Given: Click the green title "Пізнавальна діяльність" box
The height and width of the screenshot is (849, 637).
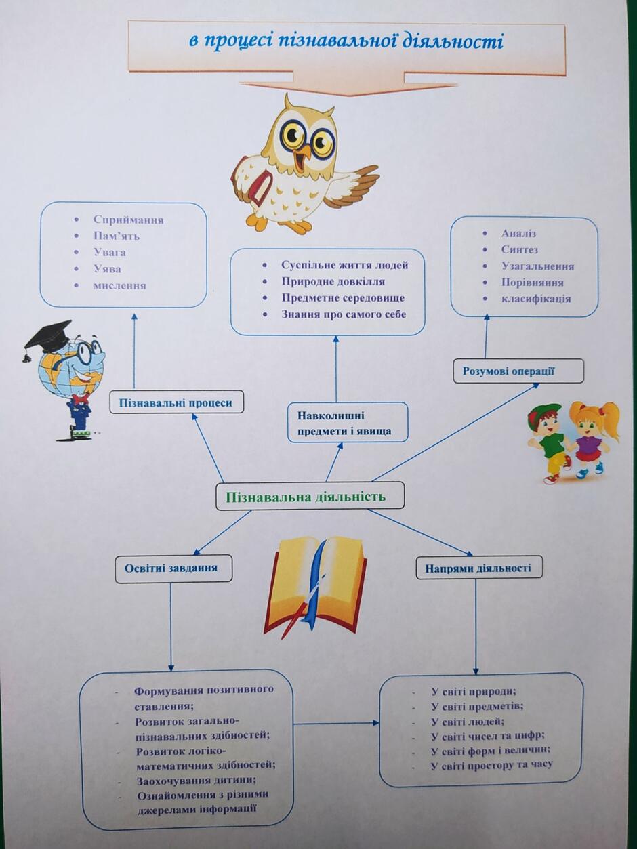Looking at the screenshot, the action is [x=310, y=496].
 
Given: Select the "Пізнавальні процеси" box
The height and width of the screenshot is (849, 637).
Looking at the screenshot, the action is [x=177, y=402].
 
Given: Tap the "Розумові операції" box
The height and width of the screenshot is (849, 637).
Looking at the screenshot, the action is [x=518, y=371].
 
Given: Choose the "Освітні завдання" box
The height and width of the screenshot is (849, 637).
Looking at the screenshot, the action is [x=173, y=568].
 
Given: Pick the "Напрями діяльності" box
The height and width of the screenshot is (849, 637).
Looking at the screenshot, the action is [x=479, y=568].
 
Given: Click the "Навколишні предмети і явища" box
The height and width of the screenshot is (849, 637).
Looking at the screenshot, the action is [x=348, y=422].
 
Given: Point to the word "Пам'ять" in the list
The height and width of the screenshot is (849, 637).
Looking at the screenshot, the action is [x=117, y=236].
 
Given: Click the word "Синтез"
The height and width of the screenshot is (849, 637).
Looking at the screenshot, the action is [x=519, y=249].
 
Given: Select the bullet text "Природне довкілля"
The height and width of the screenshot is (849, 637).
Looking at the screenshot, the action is [x=333, y=281].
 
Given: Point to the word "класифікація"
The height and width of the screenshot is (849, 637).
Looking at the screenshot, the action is [x=536, y=299].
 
